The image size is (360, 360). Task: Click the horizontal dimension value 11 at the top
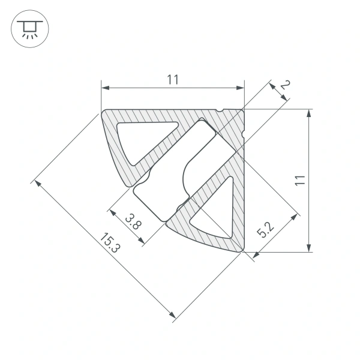point(173,79)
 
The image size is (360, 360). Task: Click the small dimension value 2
point(285,88)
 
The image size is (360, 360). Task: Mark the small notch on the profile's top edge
point(221,110)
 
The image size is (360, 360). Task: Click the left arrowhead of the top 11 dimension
point(104,88)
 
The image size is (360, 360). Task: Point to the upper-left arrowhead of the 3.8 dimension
point(111,211)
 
